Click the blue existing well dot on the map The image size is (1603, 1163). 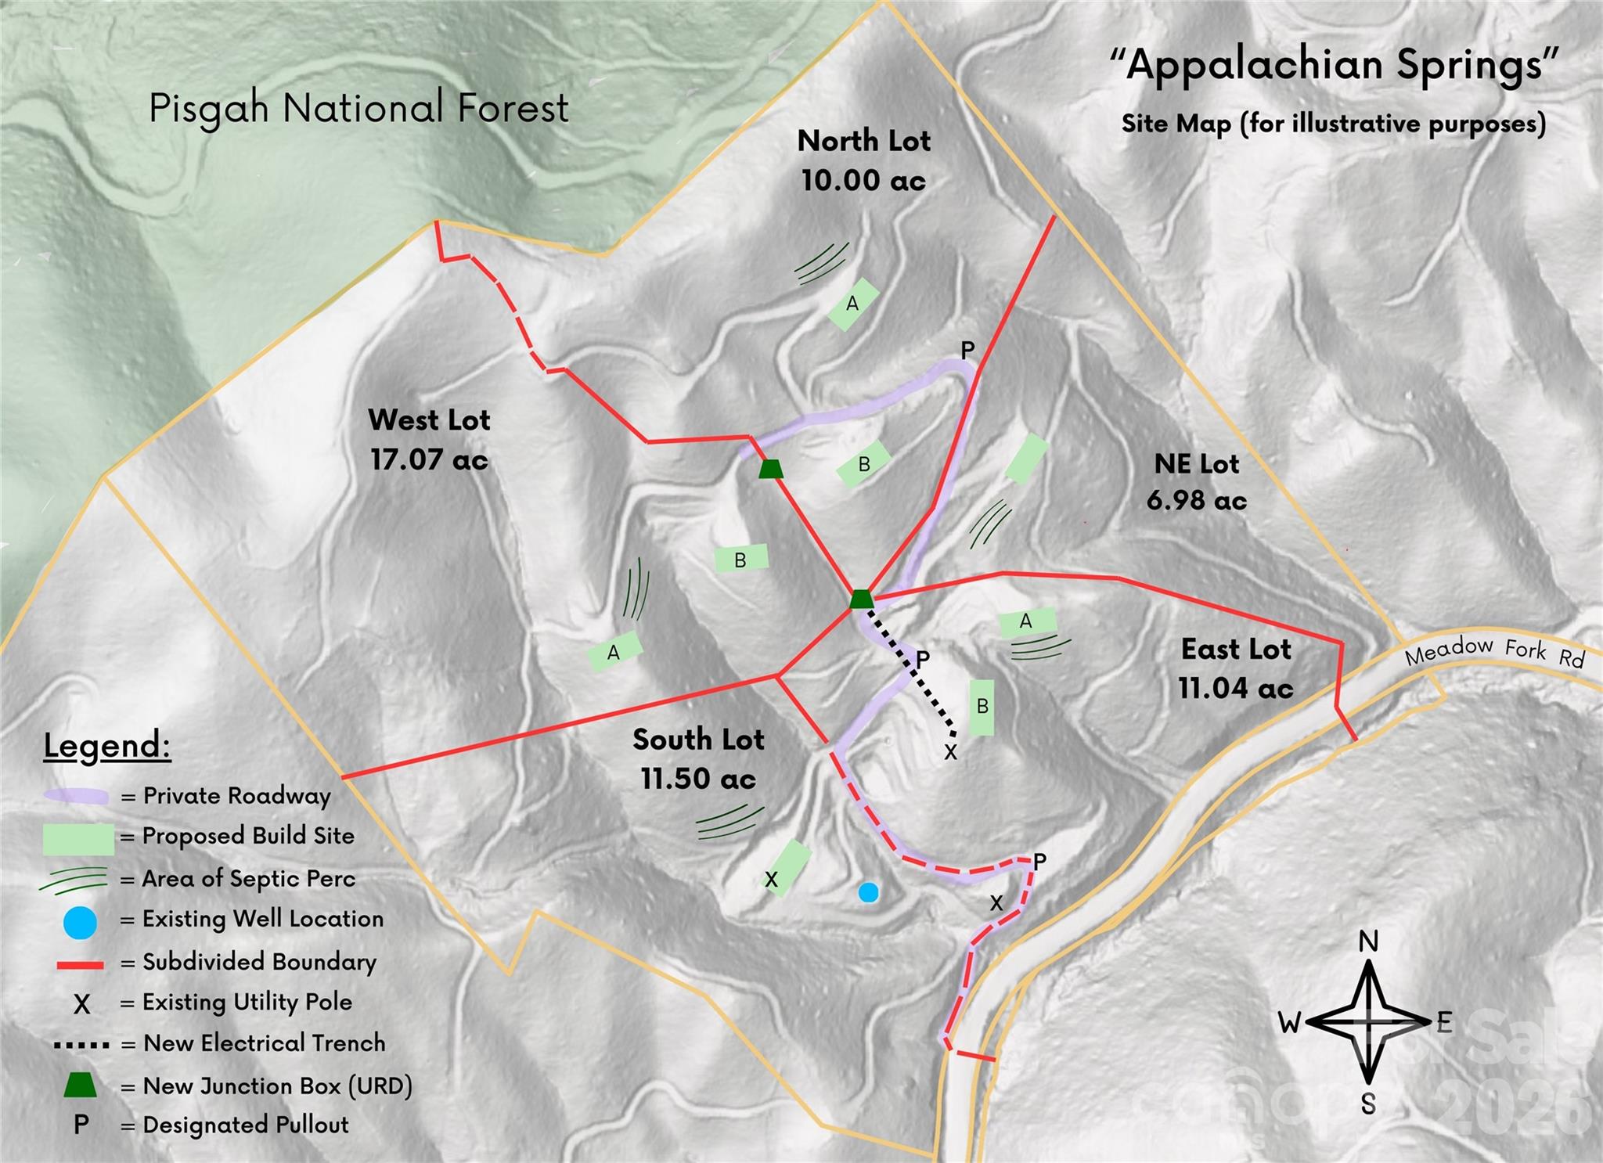point(868,892)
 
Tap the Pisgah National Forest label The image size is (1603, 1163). point(358,108)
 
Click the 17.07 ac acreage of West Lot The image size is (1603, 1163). point(429,459)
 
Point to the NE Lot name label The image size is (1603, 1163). point(1196,464)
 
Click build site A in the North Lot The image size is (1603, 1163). point(853,304)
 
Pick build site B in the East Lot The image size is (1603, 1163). point(982,707)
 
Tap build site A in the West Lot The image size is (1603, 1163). point(614,652)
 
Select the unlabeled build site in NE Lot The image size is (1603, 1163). point(1026,459)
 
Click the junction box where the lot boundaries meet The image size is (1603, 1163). point(861,600)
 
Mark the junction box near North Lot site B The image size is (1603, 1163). point(771,469)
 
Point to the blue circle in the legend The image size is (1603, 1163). point(80,922)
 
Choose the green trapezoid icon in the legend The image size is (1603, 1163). point(80,1086)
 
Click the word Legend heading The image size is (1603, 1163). point(106,745)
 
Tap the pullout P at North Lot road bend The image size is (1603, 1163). point(967,351)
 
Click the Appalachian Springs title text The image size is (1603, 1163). point(1334,65)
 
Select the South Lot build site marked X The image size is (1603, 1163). point(785,869)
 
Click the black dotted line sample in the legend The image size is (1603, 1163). point(81,1045)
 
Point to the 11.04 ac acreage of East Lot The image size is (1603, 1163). point(1235,689)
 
